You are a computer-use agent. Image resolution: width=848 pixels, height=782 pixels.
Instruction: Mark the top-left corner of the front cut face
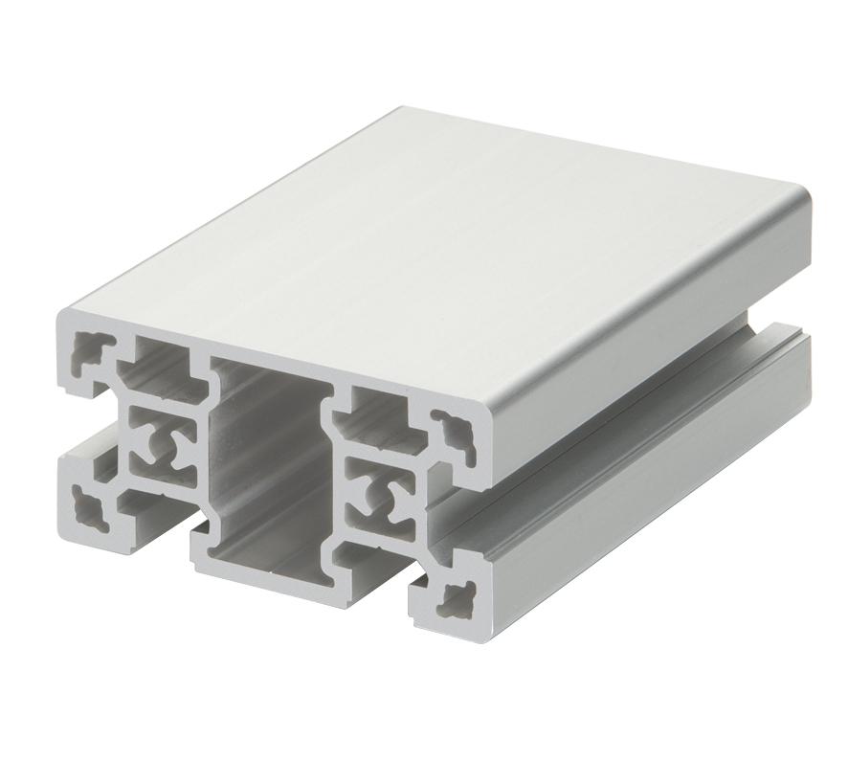click(x=62, y=316)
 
